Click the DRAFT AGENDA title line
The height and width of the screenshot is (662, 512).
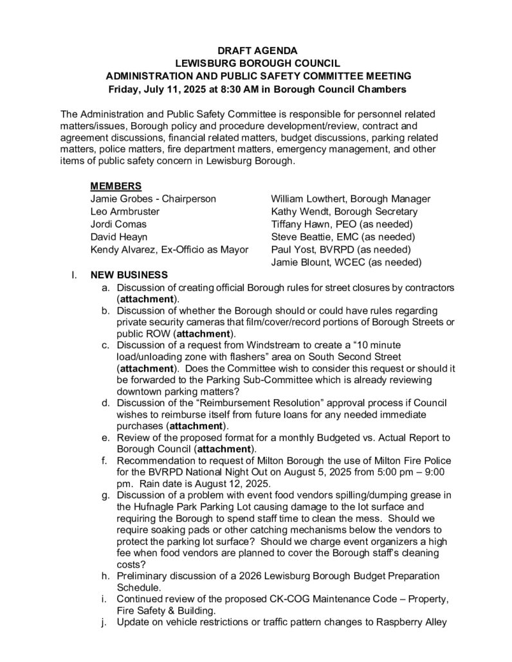click(257, 50)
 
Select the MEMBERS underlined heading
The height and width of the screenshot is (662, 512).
click(116, 186)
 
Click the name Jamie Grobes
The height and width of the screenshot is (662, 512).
click(118, 199)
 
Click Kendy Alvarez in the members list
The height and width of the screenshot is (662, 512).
click(120, 249)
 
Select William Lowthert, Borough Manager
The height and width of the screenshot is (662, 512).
click(351, 199)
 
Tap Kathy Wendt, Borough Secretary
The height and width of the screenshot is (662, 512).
click(344, 211)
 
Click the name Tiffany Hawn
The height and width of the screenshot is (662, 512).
click(298, 224)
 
